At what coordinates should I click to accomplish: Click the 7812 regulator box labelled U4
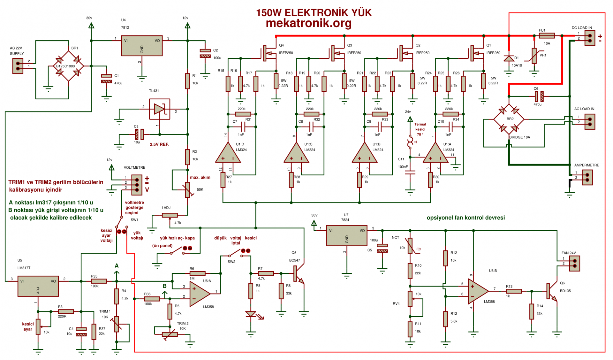(142, 46)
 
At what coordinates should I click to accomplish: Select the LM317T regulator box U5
(38, 286)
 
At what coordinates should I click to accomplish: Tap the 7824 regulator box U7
(347, 235)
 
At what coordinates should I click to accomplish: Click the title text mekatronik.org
(308, 23)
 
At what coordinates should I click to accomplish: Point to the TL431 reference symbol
(159, 109)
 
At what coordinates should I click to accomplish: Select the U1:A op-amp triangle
(435, 153)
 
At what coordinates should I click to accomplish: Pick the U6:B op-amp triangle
(478, 291)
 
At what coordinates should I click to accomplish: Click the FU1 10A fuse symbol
(547, 35)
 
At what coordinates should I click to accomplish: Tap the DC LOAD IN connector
(590, 38)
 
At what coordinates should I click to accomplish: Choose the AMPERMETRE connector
(587, 177)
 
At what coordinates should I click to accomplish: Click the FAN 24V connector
(575, 263)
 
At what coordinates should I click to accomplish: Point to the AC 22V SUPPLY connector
(18, 66)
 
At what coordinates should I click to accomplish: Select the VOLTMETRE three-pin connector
(137, 185)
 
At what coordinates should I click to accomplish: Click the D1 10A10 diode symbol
(509, 58)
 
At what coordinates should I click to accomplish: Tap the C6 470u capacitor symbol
(539, 96)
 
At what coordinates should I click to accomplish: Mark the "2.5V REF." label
(159, 144)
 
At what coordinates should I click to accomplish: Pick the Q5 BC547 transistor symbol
(298, 274)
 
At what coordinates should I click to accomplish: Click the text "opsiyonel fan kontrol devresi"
(465, 218)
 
